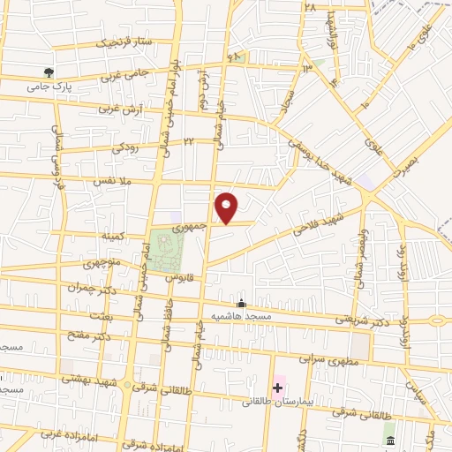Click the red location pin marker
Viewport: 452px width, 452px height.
(x=227, y=207)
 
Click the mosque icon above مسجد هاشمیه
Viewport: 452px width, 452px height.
(x=242, y=303)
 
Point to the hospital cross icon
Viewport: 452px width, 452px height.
(x=277, y=387)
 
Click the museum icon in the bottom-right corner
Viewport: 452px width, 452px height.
(x=389, y=439)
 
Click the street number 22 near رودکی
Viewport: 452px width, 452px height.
(x=189, y=140)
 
